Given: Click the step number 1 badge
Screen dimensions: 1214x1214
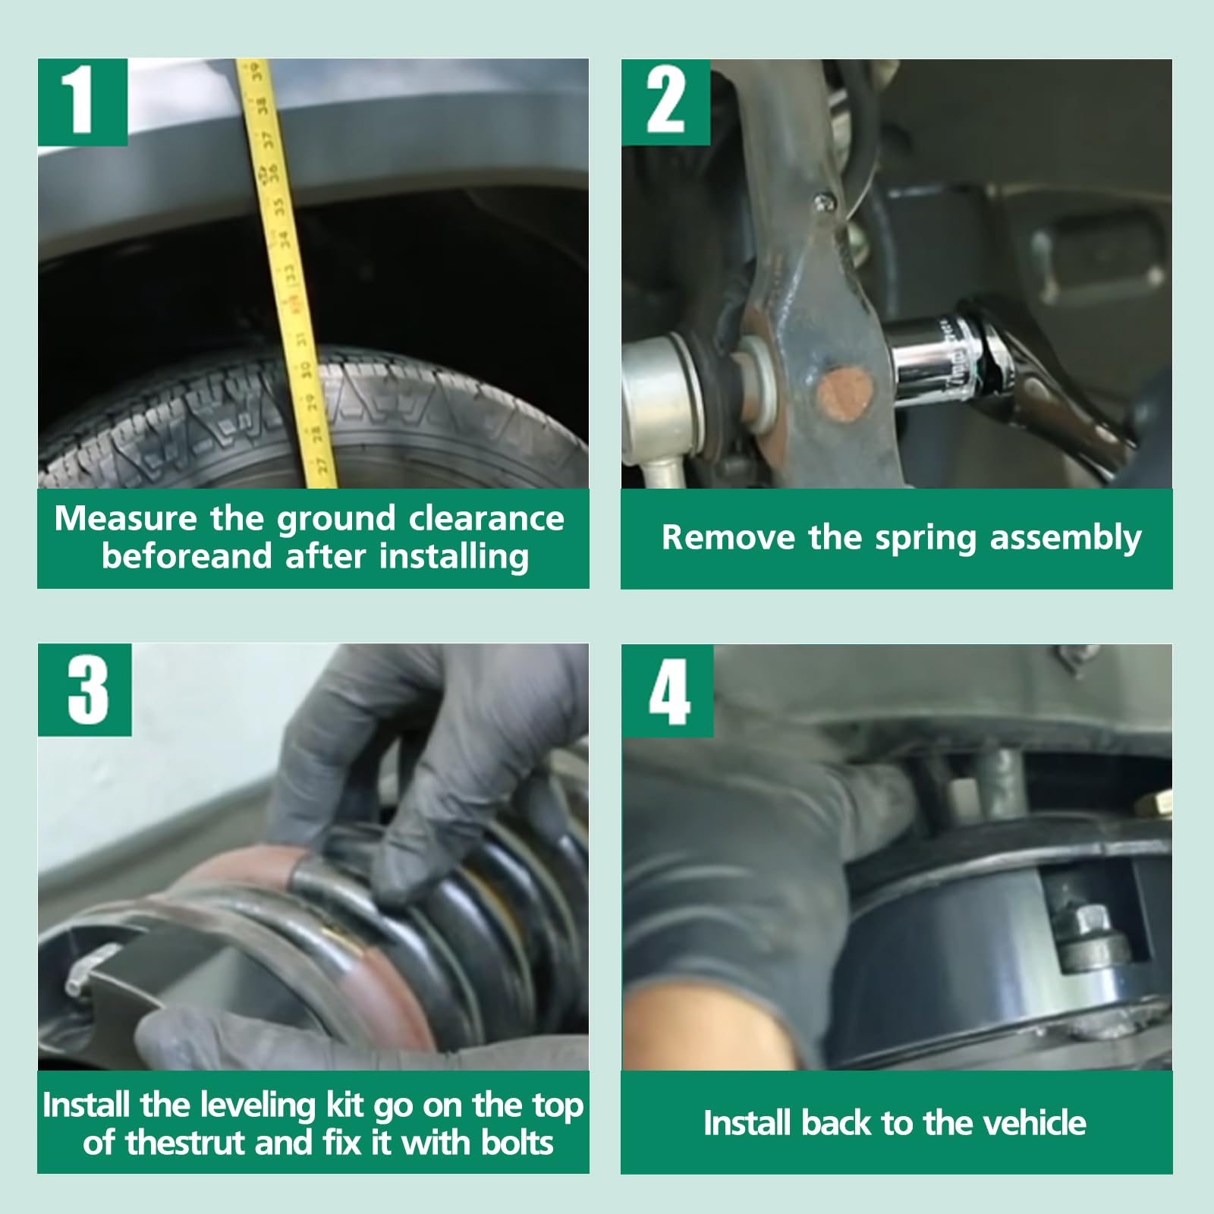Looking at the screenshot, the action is point(83,102).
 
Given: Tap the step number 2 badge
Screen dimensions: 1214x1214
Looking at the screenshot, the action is point(665,102).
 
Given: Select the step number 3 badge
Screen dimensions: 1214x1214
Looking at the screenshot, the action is point(85,690).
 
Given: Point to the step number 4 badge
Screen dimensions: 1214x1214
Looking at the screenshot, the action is point(668,690).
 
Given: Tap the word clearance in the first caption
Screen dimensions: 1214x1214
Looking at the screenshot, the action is point(486,519).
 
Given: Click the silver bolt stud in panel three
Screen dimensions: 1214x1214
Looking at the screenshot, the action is point(84,974).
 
